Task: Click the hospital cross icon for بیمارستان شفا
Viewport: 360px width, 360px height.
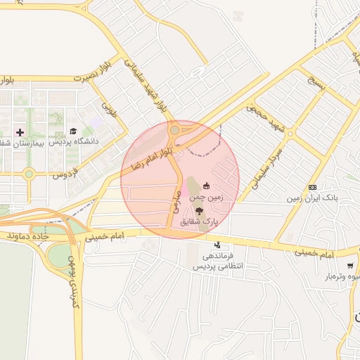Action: point(20,131)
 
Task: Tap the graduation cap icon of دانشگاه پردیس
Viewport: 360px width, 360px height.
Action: point(74,131)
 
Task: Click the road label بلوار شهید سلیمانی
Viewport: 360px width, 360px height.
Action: point(143,86)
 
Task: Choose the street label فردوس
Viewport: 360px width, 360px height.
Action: point(65,172)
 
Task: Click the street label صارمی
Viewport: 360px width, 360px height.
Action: point(174,203)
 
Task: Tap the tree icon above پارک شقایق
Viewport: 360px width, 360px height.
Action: point(200,210)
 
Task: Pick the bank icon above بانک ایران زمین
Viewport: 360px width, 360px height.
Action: point(312,188)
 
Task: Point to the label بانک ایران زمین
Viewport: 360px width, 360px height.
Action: point(311,198)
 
